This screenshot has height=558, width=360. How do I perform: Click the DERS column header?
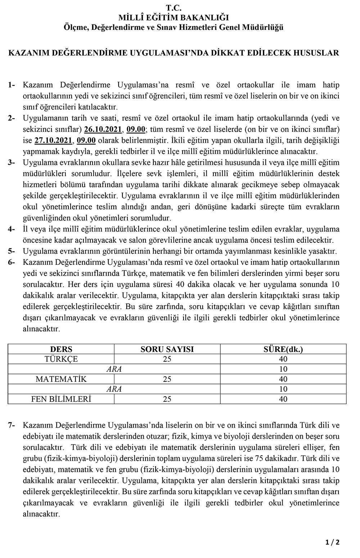(x=61, y=349)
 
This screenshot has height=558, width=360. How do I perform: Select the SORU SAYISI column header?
(x=167, y=349)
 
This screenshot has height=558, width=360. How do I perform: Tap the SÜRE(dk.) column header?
(x=283, y=349)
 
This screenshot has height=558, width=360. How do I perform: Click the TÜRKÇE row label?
(x=61, y=359)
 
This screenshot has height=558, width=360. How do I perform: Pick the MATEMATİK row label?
(x=61, y=379)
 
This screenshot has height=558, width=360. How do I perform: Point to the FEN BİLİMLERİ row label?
(x=61, y=399)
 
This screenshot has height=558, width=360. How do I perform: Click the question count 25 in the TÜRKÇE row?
(x=167, y=359)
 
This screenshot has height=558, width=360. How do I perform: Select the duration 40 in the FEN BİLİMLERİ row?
(x=283, y=399)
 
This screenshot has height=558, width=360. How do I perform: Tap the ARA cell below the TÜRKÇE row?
(x=114, y=369)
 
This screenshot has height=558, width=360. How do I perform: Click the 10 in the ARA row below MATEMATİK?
(x=283, y=389)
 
